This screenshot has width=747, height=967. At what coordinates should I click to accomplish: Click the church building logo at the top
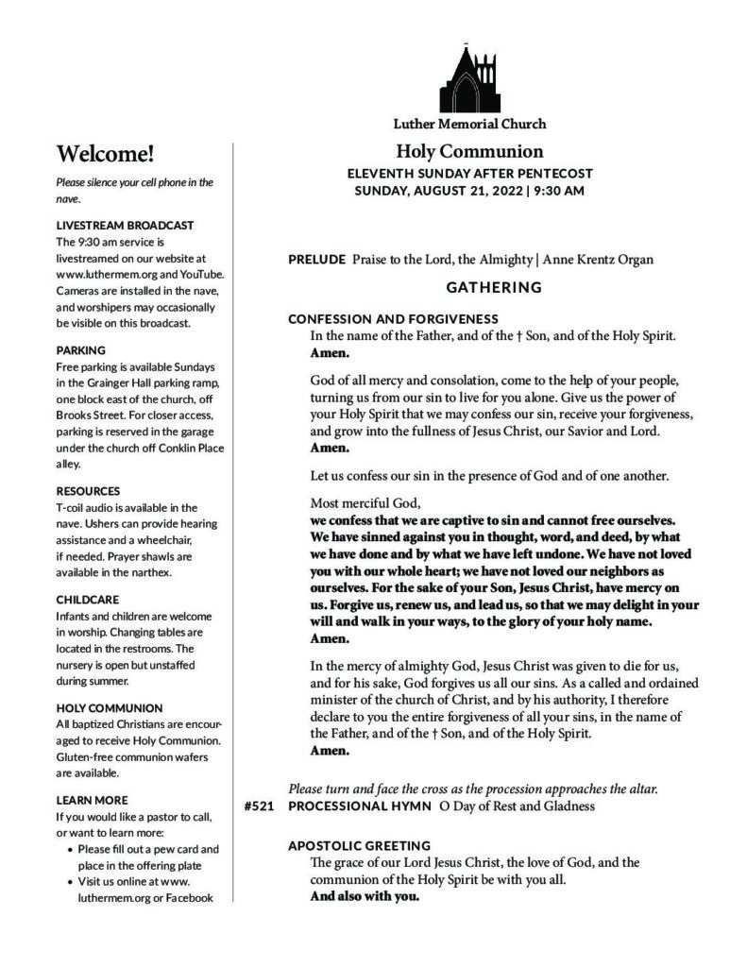[x=469, y=79]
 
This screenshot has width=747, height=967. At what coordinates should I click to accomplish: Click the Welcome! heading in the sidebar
[x=105, y=154]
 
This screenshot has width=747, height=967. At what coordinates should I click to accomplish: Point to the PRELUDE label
[x=316, y=259]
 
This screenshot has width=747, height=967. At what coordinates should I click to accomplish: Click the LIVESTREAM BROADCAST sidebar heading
[x=125, y=226]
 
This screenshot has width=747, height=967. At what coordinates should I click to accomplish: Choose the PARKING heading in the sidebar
[x=81, y=349]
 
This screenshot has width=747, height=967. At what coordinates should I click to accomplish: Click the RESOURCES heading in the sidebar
[x=89, y=491]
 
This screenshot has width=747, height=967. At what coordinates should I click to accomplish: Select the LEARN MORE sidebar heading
[x=92, y=800]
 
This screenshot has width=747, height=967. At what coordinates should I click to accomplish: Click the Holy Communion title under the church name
[x=469, y=151]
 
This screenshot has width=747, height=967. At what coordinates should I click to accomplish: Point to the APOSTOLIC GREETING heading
[x=360, y=845]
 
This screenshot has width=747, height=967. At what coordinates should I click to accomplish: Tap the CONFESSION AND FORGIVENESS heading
[x=393, y=319]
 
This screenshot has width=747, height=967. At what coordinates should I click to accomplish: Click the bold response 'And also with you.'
[x=365, y=896]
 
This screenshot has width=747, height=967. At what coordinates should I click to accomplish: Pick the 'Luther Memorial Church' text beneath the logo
[x=469, y=124]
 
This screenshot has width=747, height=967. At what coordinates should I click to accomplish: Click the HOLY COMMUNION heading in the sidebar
[x=110, y=707]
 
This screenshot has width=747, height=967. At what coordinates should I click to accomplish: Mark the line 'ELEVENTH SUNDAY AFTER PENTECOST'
[x=469, y=174]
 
